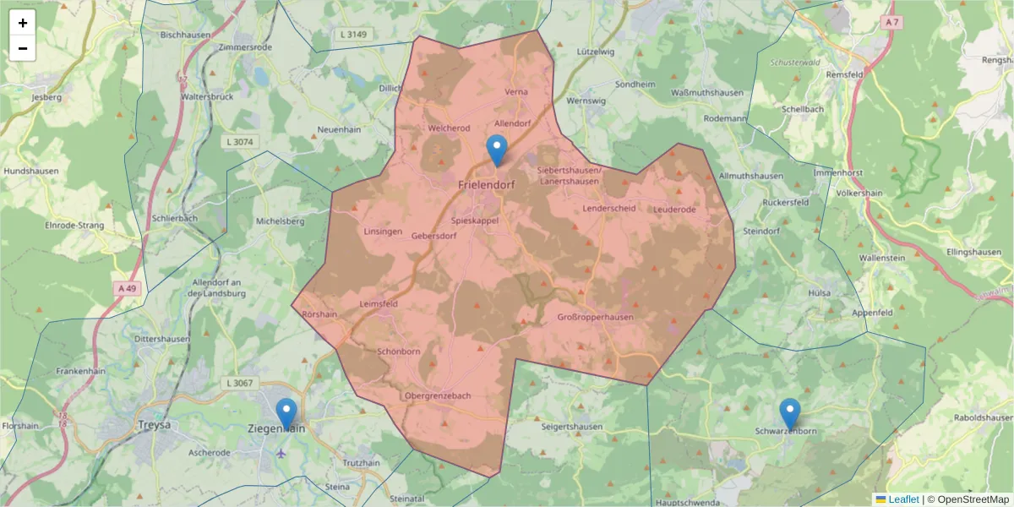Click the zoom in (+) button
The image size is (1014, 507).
pos(23,23)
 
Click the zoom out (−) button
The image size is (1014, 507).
pos(23,48)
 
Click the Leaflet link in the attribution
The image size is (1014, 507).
pos(903,499)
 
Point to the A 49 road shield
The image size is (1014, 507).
pos(127,288)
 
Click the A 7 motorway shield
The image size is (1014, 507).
pos(891,20)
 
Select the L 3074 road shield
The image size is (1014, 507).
pos(240,142)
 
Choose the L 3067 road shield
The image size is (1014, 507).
pos(240,383)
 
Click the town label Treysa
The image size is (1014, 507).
pos(154,425)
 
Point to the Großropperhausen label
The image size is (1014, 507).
pos(595,317)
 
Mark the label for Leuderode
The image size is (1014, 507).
pos(674,209)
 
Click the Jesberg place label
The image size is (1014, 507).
pos(46,97)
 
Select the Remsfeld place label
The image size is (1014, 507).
pos(844,74)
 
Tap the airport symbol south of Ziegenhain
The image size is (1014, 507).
pos(281,453)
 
